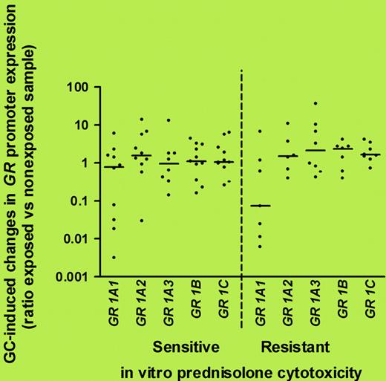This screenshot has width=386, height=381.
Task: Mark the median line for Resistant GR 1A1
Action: [260, 205]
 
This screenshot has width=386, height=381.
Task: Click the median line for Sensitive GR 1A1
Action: [114, 166]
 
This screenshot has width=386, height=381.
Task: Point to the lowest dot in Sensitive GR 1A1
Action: [114, 257]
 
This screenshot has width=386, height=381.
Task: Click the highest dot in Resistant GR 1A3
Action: [315, 103]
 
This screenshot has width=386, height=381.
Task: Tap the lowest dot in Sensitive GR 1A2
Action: [141, 220]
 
